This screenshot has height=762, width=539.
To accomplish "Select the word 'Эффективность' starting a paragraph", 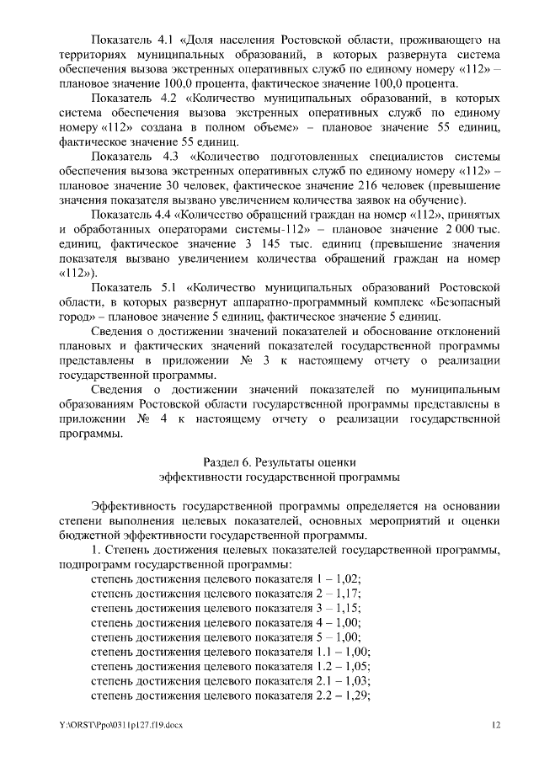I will pos(134,505).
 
